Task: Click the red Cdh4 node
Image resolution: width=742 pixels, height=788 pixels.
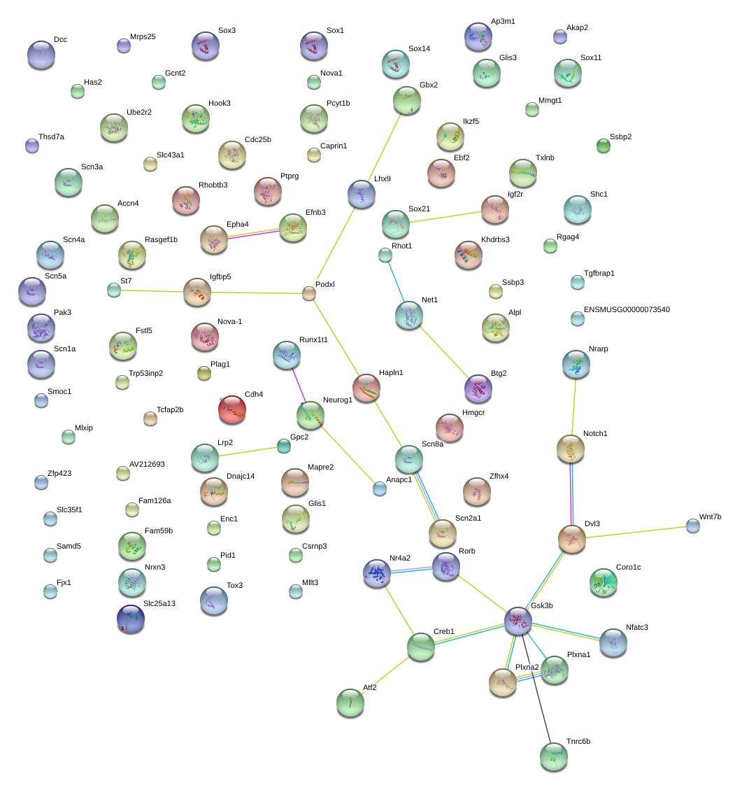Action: [x=232, y=409]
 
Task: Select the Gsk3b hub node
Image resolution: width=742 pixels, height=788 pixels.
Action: [x=518, y=621]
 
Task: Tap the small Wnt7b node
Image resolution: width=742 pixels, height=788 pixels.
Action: [x=693, y=526]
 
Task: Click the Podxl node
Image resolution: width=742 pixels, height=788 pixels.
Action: [x=309, y=293]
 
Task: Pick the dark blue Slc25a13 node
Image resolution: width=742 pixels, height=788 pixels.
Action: [x=131, y=619]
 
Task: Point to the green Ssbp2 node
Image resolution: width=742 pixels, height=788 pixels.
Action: [x=604, y=146]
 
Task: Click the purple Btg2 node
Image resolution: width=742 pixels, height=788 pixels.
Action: [x=478, y=388]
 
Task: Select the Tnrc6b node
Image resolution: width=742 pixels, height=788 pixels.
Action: [x=554, y=757]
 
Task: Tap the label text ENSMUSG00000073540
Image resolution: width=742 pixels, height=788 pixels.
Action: [x=627, y=309]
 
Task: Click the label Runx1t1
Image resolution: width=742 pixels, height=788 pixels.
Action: [x=313, y=339]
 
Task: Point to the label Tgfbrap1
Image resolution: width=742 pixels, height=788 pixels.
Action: [x=599, y=274]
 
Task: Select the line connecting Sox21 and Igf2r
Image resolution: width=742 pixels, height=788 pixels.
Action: [x=445, y=217]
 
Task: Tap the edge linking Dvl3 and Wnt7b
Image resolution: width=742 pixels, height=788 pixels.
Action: [x=639, y=532]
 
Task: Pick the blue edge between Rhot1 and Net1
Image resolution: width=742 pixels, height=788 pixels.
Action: [x=397, y=281]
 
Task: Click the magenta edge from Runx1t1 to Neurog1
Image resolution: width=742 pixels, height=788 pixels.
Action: [x=299, y=385]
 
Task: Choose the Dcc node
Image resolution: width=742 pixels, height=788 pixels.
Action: [x=41, y=55]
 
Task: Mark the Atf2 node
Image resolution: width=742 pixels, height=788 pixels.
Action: [x=350, y=703]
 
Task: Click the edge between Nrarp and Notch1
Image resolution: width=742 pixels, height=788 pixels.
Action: [x=573, y=407]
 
